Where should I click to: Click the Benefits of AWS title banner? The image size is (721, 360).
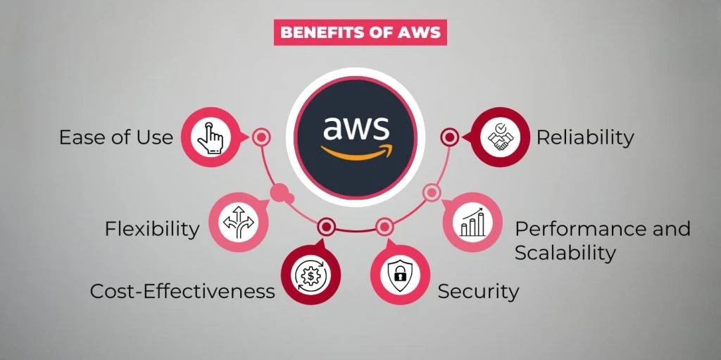click(x=360, y=32)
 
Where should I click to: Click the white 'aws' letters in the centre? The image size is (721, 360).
click(x=356, y=129)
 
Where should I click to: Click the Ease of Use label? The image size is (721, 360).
click(x=116, y=137)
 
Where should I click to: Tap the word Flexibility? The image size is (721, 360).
click(x=152, y=229)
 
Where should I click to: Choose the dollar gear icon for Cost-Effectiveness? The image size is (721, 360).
click(x=311, y=275)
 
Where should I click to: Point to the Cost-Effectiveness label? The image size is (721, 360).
click(x=182, y=291)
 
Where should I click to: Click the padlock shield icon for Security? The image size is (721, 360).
click(x=399, y=275)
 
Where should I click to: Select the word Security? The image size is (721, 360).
click(x=478, y=291)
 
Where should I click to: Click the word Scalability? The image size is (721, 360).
click(x=565, y=252)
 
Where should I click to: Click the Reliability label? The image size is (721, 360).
click(x=585, y=137)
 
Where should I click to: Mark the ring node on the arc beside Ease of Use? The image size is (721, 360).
click(x=261, y=137)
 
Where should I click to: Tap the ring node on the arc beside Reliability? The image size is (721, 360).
click(x=450, y=137)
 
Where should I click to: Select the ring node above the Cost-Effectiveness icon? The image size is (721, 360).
click(x=325, y=227)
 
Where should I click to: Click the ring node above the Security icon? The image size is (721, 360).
click(x=384, y=227)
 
